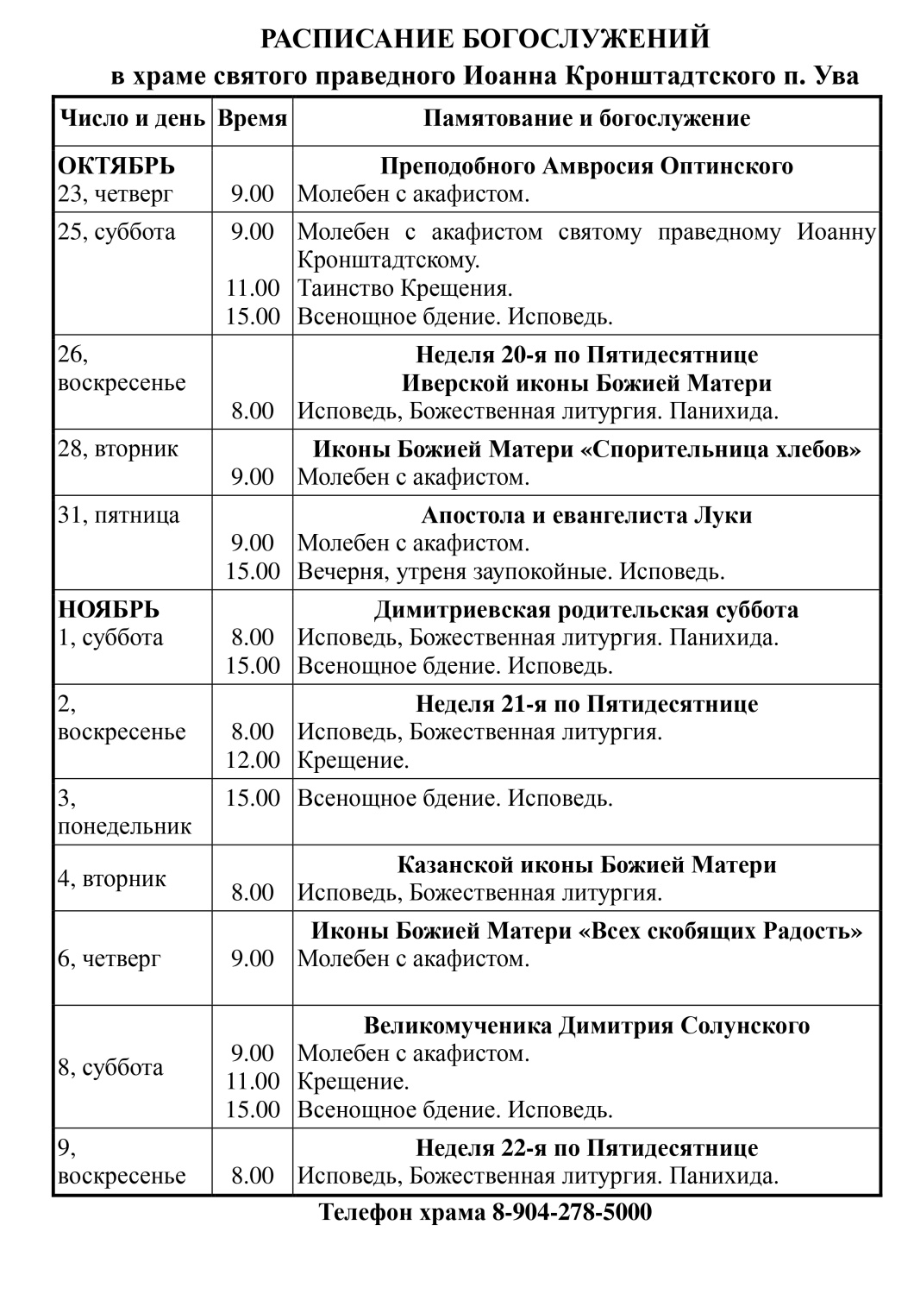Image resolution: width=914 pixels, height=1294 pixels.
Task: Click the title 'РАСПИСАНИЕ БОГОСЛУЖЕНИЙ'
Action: pos(485,40)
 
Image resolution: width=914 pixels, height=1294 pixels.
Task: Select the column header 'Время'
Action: pos(252,119)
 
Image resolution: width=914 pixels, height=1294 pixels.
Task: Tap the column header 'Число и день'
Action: pos(132,119)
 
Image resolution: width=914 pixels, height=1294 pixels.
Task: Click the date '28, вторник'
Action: pos(118,449)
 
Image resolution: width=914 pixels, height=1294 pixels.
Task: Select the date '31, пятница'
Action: pos(119,516)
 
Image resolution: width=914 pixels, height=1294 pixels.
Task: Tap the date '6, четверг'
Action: pos(110,959)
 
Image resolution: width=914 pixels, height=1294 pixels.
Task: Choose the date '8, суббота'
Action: pos(110,1068)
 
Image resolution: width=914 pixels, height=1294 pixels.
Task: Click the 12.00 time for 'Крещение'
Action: pos(253,761)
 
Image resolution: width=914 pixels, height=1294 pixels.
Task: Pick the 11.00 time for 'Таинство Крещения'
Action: pos(253,288)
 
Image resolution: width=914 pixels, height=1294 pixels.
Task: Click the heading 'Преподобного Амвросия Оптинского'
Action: pos(586,166)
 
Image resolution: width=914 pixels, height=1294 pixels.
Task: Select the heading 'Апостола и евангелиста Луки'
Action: pos(586,516)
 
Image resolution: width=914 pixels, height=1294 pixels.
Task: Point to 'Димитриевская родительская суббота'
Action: pos(586,611)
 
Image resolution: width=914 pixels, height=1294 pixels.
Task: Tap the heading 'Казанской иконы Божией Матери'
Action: pos(586,865)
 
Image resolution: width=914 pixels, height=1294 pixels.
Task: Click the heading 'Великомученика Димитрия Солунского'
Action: pos(586,1027)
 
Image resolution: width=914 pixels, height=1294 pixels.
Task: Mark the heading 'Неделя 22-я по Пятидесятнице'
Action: pos(586,1149)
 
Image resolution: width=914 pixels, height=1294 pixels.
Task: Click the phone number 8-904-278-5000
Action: pos(572,1212)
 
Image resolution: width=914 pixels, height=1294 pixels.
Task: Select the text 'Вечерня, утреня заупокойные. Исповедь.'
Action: pos(511,572)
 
